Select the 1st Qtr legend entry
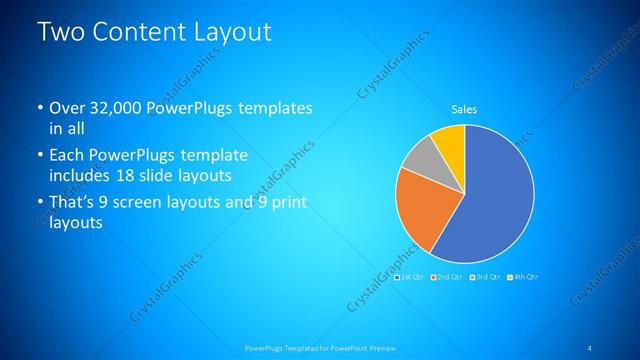click(411, 276)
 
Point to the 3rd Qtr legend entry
click(485, 276)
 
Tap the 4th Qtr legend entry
click(523, 276)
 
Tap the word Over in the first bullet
click(66, 108)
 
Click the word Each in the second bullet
click(66, 156)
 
